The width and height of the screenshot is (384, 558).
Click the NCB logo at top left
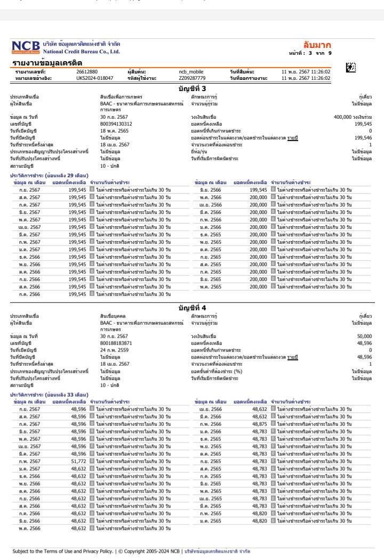point(25,47)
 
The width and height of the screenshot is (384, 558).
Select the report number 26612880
point(87,71)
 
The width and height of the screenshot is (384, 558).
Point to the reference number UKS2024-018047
point(95,78)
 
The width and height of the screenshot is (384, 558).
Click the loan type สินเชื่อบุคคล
point(114,316)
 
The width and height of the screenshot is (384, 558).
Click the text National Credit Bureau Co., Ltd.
point(81,51)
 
